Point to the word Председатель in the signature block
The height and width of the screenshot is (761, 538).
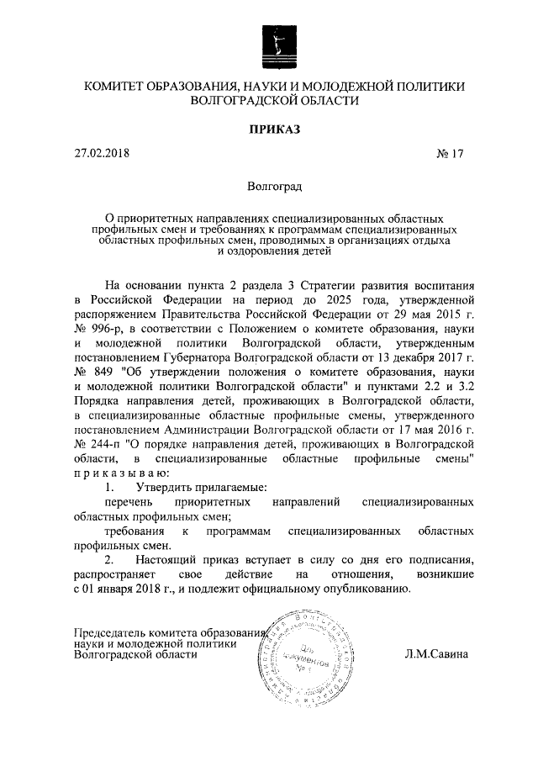click(113, 632)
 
